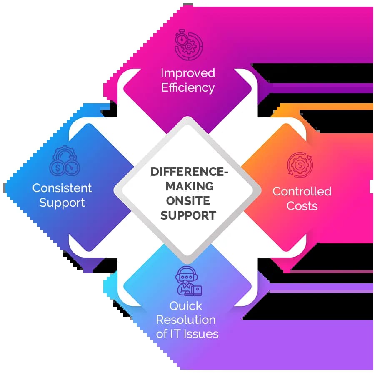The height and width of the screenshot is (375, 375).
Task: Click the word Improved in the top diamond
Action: click(x=187, y=73)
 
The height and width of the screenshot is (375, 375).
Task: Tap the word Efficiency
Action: click(x=187, y=88)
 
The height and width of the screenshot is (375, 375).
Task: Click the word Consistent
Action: click(x=62, y=188)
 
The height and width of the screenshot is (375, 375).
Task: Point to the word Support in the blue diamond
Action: click(x=62, y=203)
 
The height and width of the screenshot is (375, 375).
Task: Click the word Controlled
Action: click(x=302, y=191)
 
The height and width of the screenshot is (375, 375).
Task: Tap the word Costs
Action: click(x=302, y=206)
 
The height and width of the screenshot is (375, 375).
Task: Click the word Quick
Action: click(x=185, y=306)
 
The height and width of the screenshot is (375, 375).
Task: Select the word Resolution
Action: click(x=186, y=320)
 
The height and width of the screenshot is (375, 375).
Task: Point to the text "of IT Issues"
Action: click(x=187, y=334)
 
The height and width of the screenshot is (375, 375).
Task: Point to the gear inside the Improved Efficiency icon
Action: click(x=190, y=47)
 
